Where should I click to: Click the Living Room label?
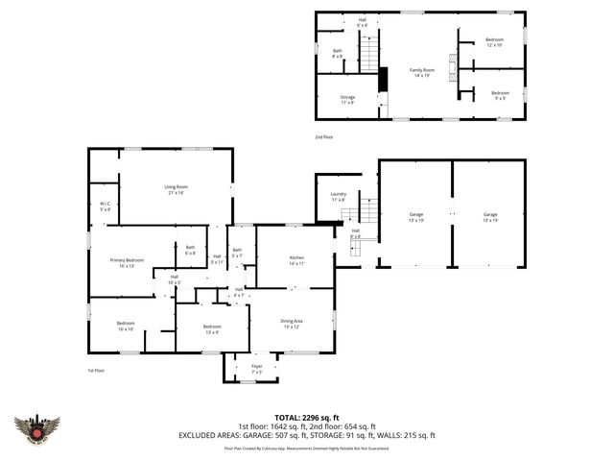(x=175, y=190)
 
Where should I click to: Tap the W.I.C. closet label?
(x=105, y=206)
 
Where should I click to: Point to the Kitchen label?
(x=295, y=259)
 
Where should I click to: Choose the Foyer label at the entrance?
(x=256, y=368)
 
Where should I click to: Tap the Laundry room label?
(x=338, y=197)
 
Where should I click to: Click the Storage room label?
(x=346, y=99)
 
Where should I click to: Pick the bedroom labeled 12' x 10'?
(x=494, y=42)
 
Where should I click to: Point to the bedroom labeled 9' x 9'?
(x=500, y=95)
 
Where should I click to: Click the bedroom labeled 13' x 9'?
(x=212, y=328)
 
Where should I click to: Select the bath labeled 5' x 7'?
(x=236, y=253)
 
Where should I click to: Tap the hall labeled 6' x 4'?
(x=362, y=21)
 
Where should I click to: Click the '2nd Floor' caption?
(x=324, y=137)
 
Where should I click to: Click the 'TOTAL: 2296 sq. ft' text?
(x=306, y=417)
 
